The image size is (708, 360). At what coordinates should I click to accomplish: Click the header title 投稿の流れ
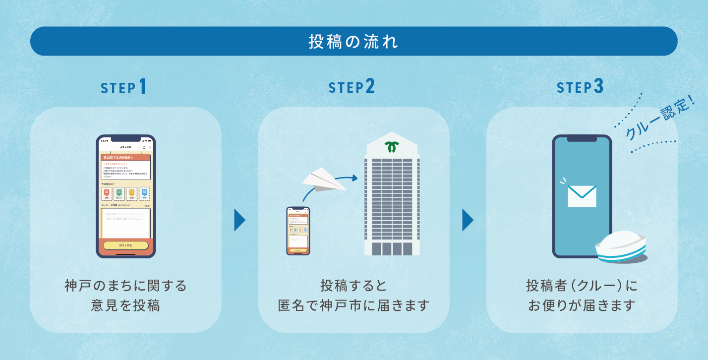pos(354,42)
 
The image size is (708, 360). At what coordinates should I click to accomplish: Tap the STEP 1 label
pos(123,87)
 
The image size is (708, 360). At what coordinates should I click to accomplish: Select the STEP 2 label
pos(352,87)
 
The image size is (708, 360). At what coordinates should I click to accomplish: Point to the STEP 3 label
pos(580,87)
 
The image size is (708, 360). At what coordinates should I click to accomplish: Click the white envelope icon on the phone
pos(582,196)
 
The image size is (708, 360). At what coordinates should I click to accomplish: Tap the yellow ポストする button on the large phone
pos(125,245)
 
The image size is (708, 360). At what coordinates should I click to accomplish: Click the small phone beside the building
pos(298,231)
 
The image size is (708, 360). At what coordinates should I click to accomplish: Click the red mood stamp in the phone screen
pos(107,193)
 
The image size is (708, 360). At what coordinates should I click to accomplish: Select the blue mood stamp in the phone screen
pos(144,193)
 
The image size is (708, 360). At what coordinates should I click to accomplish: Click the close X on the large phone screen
pos(150,148)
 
